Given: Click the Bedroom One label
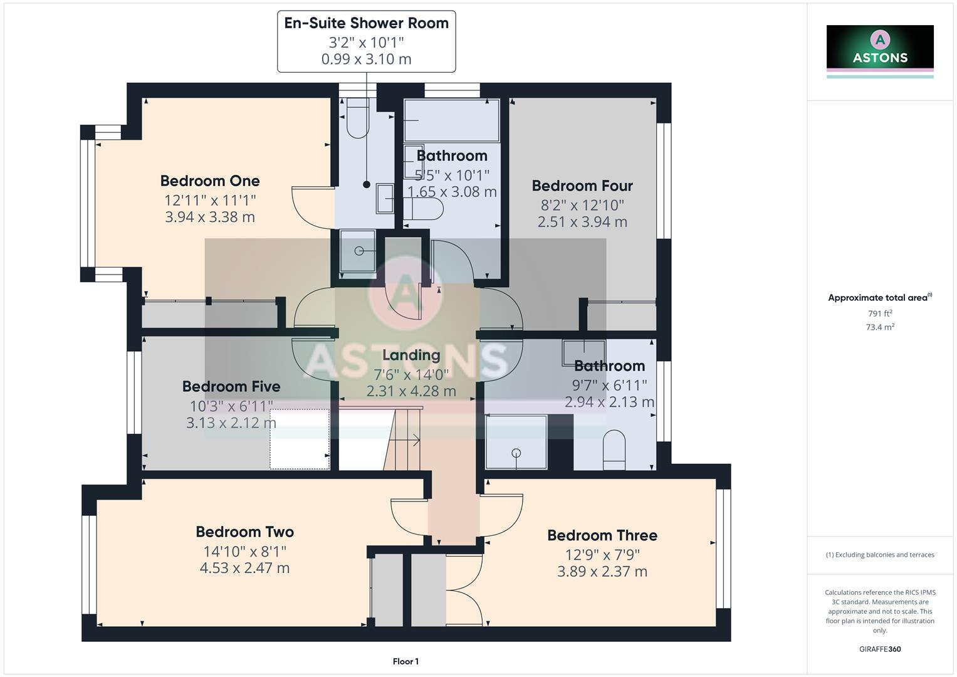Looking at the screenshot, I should click(x=210, y=181).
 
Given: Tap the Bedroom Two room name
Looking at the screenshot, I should click(x=244, y=532).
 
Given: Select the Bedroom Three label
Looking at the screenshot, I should click(x=602, y=535).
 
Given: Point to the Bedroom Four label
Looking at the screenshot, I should click(x=582, y=186).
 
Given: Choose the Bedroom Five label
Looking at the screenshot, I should click(x=231, y=387).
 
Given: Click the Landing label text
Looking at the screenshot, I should click(x=411, y=355).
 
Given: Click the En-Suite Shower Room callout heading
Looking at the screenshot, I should click(x=366, y=23).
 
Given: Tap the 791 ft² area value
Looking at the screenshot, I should click(x=880, y=313).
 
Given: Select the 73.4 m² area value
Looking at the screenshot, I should click(x=880, y=327).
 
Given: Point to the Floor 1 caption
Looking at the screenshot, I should click(x=405, y=661).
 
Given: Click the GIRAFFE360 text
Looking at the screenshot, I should click(x=880, y=649).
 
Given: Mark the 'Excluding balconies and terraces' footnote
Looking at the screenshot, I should click(x=880, y=555).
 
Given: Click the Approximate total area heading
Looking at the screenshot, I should click(x=880, y=298).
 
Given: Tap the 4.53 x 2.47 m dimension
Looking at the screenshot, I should click(x=244, y=569).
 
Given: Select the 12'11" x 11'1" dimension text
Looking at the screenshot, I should click(x=210, y=201).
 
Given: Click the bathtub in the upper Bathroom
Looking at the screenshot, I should click(x=451, y=120).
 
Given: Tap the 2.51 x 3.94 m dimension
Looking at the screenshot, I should click(x=582, y=222).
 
